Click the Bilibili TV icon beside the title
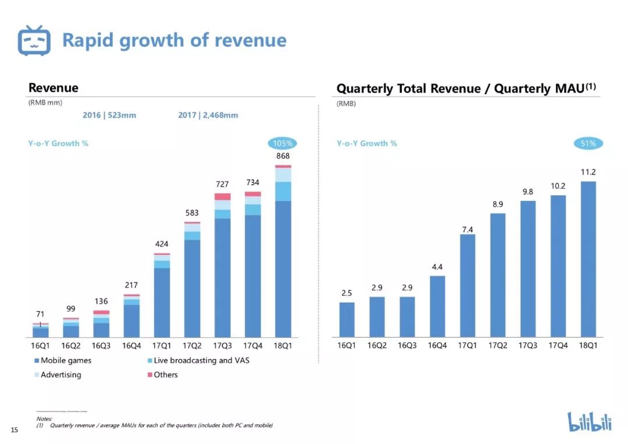pos(34,40)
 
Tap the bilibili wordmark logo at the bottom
pos(590,421)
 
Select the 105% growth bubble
pos(283,143)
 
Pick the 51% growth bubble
pos(588,143)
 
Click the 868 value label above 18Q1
pos(283,156)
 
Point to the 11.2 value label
pos(588,172)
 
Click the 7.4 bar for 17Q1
pos(468,285)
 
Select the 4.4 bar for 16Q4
pos(437,306)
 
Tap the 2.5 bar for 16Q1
pos(347,319)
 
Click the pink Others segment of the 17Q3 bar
pos(223,197)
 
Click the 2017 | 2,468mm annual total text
pos(208,115)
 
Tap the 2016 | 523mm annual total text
pos(109,115)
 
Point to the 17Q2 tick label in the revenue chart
pos(192,346)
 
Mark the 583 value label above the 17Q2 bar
pos(192,214)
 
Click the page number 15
pos(15,430)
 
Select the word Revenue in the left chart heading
pos(53,88)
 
